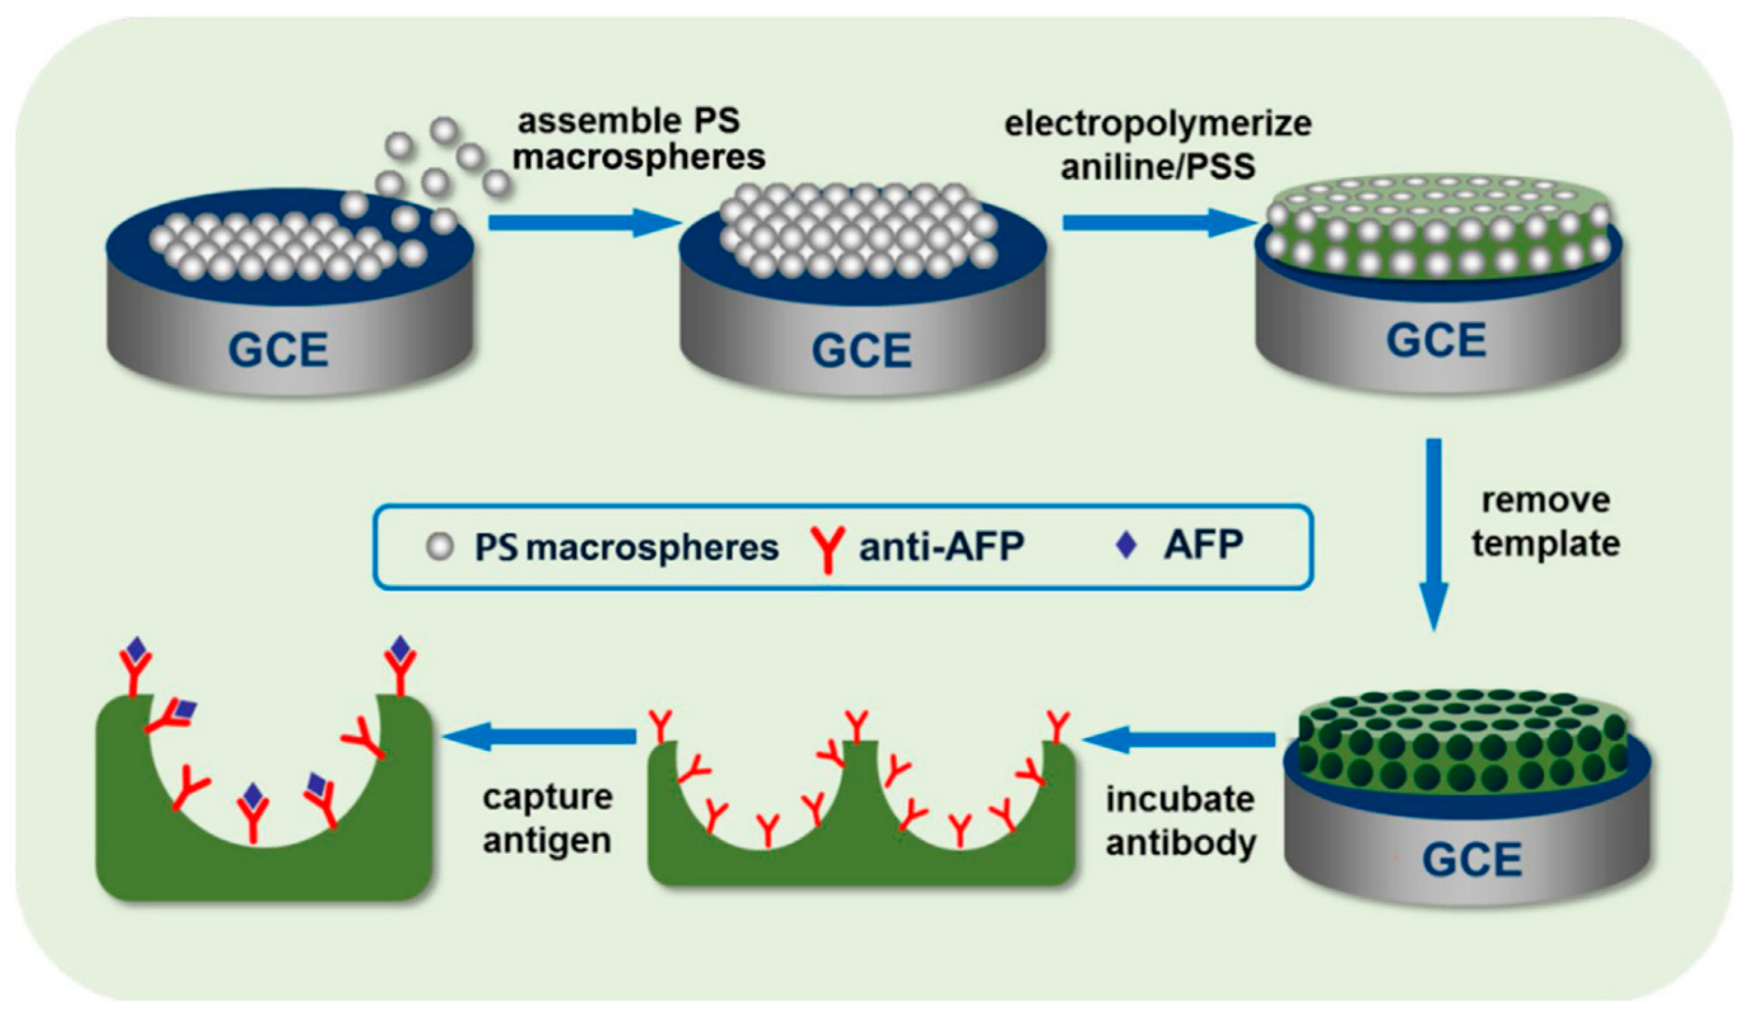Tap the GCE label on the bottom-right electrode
[x=1472, y=860]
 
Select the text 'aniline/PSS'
[x=1158, y=167]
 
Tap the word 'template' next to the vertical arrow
[x=1545, y=544]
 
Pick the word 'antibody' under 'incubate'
[x=1181, y=843]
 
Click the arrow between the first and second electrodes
[x=584, y=223]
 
